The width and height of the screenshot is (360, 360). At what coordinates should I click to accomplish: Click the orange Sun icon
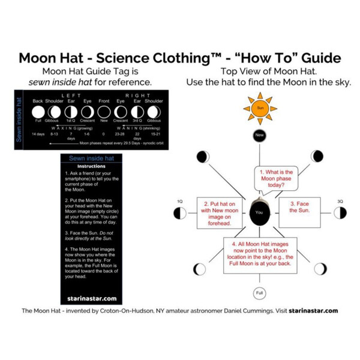coord(259,109)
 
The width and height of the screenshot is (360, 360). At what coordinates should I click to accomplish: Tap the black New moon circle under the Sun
coord(259,136)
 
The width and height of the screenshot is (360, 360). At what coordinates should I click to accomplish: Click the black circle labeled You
coord(259,213)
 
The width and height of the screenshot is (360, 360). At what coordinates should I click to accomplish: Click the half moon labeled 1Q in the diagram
coord(180,213)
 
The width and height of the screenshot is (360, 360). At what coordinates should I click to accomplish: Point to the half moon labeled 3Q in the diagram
coord(340,213)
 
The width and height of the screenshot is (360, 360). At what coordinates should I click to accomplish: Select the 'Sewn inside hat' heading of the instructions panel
coord(91,158)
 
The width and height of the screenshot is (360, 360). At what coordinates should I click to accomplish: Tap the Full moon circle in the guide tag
coord(38,112)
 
